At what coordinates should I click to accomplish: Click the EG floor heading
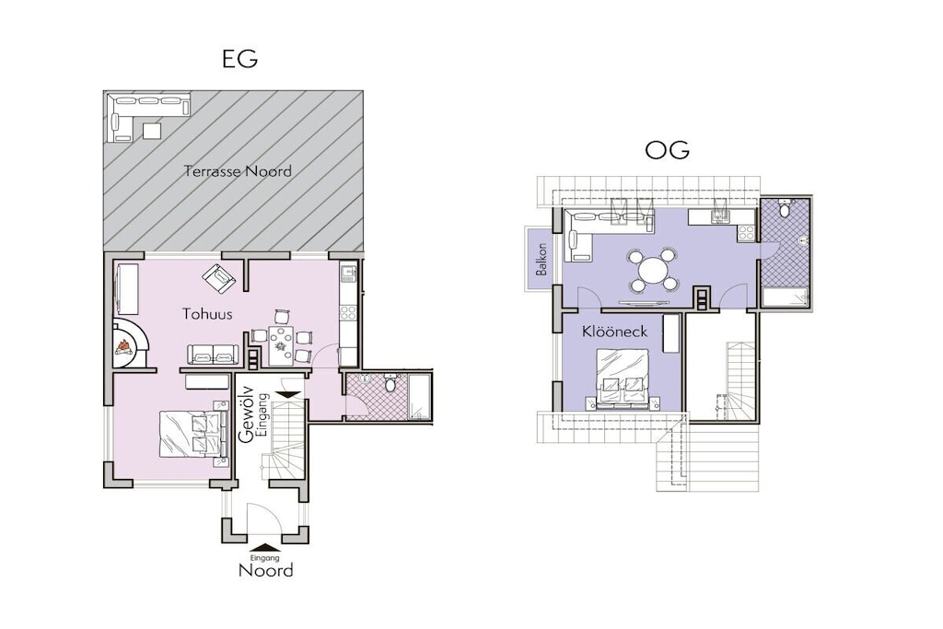click(x=240, y=59)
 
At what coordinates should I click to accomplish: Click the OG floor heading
click(x=667, y=150)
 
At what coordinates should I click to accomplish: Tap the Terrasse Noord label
click(x=238, y=171)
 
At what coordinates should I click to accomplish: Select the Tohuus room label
click(x=207, y=314)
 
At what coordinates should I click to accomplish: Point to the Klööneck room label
click(x=614, y=332)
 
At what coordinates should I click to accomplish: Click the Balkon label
click(x=541, y=259)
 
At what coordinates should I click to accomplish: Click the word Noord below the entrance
click(x=266, y=570)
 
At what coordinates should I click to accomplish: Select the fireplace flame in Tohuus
click(x=124, y=347)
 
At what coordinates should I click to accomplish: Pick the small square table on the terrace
click(x=152, y=130)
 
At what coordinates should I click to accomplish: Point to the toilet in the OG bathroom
click(x=783, y=209)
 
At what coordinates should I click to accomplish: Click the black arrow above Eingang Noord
click(x=266, y=548)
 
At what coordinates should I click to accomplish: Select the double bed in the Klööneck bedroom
click(x=623, y=379)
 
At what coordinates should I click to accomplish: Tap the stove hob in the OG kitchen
click(x=746, y=233)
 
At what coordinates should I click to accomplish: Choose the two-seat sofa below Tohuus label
click(x=211, y=355)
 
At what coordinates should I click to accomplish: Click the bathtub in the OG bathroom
click(x=785, y=297)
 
